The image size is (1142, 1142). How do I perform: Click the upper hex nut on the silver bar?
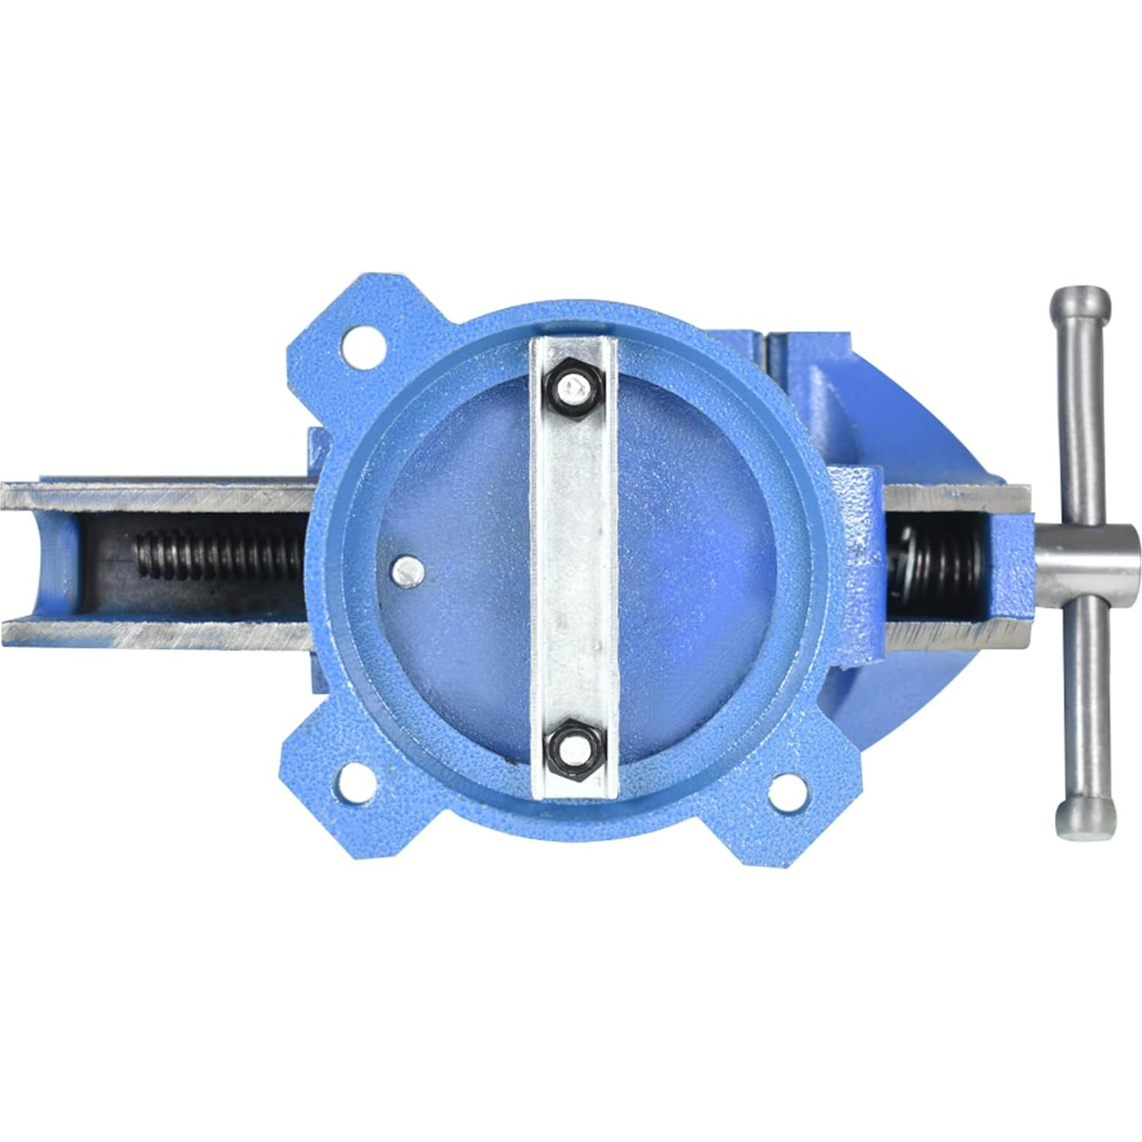(573, 391)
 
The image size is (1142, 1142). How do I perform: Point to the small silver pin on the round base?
(408, 571)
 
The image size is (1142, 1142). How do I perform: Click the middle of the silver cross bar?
(574, 569)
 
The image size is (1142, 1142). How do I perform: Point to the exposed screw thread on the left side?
(221, 556)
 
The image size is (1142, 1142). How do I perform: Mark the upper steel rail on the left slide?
(153, 497)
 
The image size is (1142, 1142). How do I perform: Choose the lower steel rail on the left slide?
(153, 634)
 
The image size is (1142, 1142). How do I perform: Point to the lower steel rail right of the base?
(954, 634)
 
